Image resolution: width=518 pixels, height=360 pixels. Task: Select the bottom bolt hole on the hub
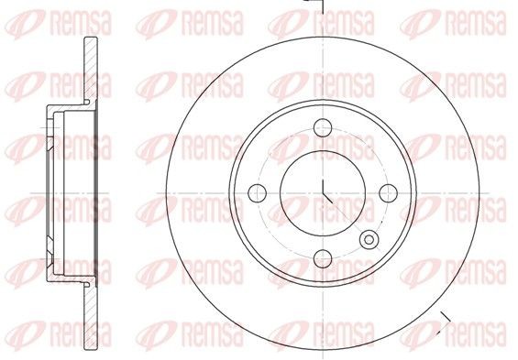pyautogui.click(x=323, y=257)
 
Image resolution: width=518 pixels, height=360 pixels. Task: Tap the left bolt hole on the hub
pyautogui.click(x=258, y=192)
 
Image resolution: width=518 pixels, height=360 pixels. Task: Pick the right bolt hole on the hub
pyautogui.click(x=388, y=192)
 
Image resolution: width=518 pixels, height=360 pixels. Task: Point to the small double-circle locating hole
pyautogui.click(x=369, y=240)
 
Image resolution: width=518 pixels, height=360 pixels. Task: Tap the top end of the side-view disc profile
pyautogui.click(x=90, y=40)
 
